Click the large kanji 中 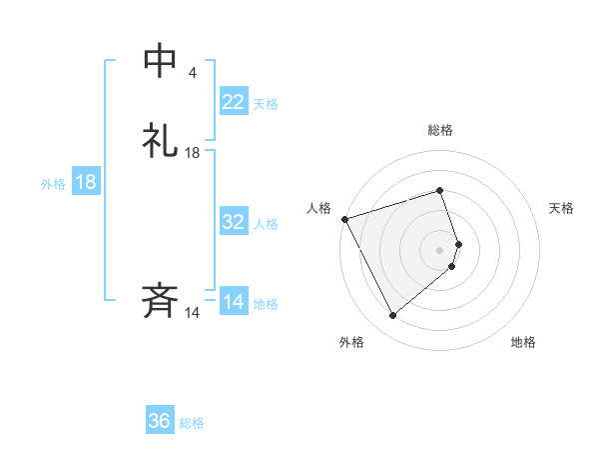161,61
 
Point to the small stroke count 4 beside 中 192,73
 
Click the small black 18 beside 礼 193,153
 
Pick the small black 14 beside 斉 193,313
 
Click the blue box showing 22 233,102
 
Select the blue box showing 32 233,222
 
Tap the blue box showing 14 233,302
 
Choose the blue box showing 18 85,182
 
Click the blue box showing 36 159,421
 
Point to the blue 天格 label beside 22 266,104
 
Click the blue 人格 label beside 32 266,224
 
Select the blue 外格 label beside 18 53,184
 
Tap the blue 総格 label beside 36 192,423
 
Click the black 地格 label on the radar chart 523,343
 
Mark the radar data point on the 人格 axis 344,218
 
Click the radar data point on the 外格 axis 392,316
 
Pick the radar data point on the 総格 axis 439,190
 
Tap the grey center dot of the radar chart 439,249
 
